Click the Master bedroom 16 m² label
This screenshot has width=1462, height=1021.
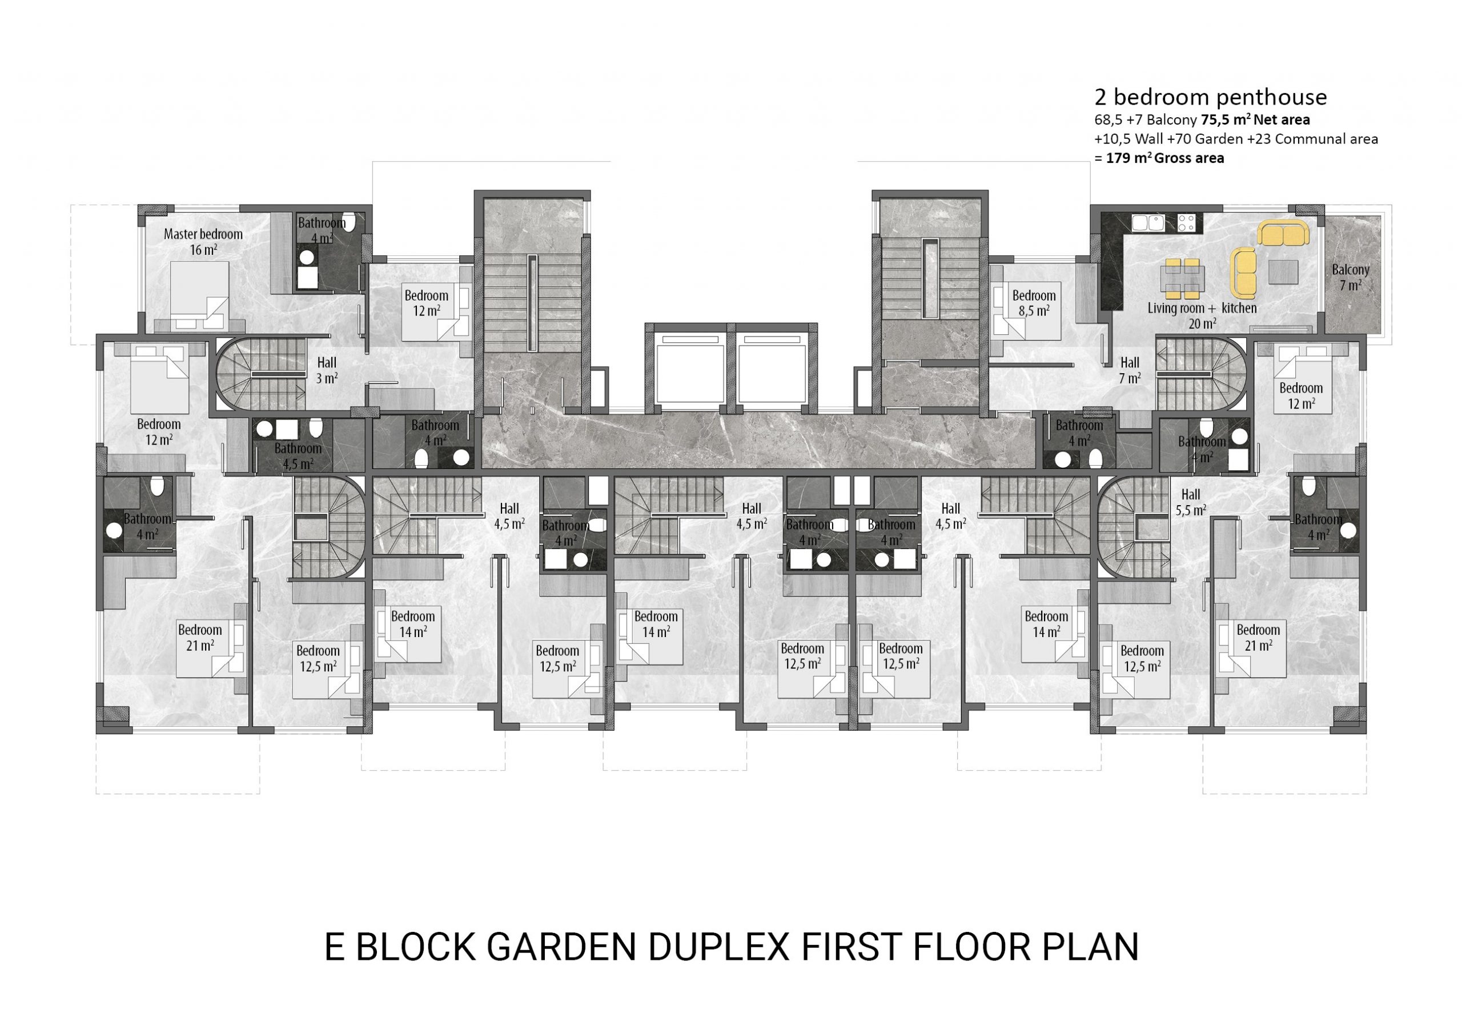tap(203, 242)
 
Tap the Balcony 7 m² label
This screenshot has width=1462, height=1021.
tap(1350, 277)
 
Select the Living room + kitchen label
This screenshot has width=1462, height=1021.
tap(1202, 309)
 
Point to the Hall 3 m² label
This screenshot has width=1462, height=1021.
tap(327, 370)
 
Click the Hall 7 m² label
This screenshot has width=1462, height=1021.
tap(1130, 370)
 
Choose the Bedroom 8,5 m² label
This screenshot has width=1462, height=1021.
tap(1034, 303)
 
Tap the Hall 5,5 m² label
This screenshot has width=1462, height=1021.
tap(1190, 502)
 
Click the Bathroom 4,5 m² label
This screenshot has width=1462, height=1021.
tap(298, 456)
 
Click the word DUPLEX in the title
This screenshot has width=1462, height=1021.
tap(720, 947)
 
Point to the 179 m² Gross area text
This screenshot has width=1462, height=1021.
tap(1164, 158)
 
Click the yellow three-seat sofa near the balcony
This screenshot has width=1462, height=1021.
tap(1283, 233)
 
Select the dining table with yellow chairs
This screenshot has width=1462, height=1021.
tap(1183, 278)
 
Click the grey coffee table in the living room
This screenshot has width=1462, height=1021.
tap(1283, 272)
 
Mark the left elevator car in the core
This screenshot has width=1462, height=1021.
tap(690, 370)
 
